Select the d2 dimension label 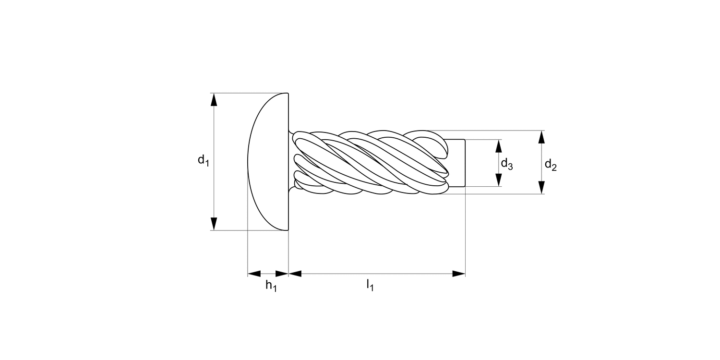[551, 166]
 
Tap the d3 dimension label [507, 164]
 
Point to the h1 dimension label [271, 286]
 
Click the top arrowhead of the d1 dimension [214, 99]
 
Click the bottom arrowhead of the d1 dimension [214, 224]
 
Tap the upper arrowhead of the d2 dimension [541, 137]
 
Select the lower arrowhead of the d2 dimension [541, 188]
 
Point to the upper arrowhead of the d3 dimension [499, 146]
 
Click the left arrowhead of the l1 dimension [295, 274]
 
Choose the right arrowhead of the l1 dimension [459, 274]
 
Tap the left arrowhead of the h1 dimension [254, 274]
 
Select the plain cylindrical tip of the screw [456, 163]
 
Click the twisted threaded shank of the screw [370, 162]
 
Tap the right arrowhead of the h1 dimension [282, 274]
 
